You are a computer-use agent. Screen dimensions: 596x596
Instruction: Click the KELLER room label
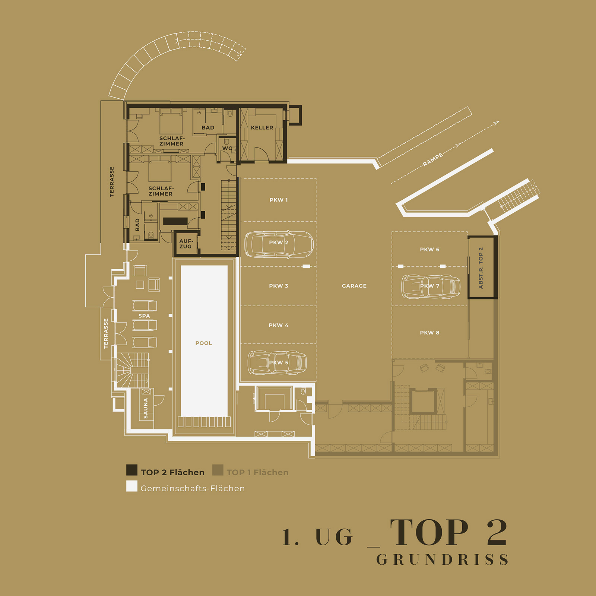[x=262, y=127]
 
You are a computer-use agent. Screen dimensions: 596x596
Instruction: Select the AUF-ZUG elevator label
[x=186, y=244]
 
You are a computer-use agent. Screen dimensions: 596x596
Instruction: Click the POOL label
[x=203, y=343]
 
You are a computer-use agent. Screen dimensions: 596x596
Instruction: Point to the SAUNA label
[x=146, y=408]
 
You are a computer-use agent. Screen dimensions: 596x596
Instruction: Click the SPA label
[x=144, y=316]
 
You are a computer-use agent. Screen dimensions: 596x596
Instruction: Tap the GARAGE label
[x=354, y=286]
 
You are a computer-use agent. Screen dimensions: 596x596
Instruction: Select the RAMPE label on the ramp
[x=433, y=159]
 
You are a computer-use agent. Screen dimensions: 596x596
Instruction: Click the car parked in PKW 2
[x=279, y=244]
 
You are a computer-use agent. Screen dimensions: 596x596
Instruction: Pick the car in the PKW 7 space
[x=431, y=286]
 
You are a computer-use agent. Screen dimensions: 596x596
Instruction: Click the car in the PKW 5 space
[x=277, y=362]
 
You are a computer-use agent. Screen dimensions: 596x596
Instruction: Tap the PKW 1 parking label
[x=279, y=200]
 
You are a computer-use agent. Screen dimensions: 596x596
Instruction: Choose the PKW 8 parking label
[x=429, y=333]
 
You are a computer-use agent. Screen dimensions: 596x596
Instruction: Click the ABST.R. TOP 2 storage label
[x=481, y=268]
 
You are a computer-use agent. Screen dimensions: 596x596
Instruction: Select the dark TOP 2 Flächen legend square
[x=132, y=470]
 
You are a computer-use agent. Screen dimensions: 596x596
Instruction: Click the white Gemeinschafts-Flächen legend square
[x=132, y=486]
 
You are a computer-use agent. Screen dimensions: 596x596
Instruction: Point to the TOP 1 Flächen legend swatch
[x=218, y=470]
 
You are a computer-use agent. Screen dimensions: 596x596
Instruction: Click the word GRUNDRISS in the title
[x=442, y=559]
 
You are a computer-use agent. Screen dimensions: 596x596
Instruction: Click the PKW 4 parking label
[x=279, y=325]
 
